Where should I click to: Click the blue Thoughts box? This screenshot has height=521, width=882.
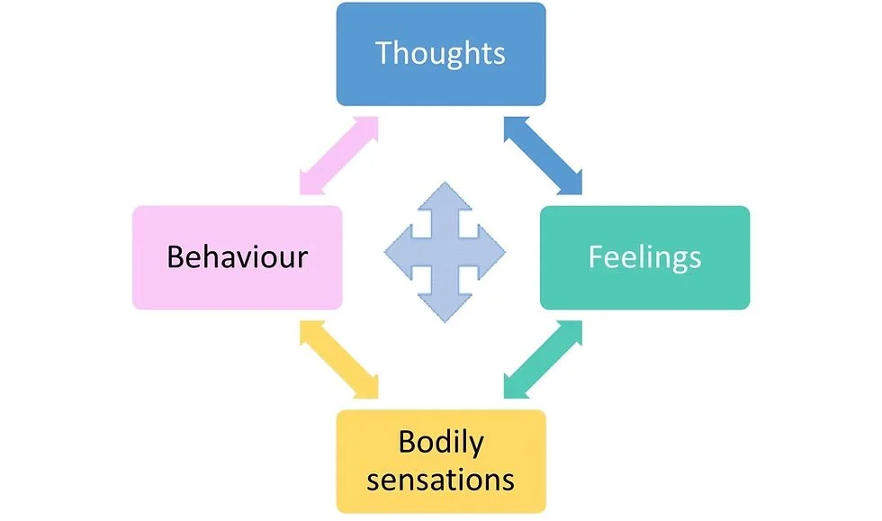tap(440, 54)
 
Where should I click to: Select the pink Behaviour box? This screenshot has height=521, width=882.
tap(237, 257)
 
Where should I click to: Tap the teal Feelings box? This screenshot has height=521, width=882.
tap(644, 257)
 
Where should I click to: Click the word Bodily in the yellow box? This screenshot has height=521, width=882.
tap(440, 443)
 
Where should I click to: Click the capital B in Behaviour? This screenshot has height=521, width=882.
tap(176, 257)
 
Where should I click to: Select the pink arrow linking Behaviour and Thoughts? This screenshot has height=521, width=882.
tap(338, 155)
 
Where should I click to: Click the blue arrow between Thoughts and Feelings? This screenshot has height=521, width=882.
tap(543, 155)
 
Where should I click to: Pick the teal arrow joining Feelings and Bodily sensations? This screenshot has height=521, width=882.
tap(543, 359)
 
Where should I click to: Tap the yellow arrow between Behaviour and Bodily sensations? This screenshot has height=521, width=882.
tap(338, 359)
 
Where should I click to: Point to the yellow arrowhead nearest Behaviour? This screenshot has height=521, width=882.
tap(310, 331)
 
